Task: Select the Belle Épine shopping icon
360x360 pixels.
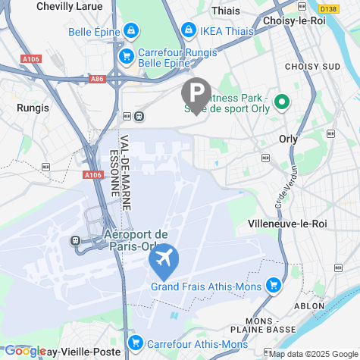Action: [x=131, y=31]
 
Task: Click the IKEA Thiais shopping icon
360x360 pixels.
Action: [x=187, y=30]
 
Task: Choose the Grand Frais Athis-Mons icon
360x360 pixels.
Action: [x=273, y=286]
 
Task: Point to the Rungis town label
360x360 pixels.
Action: [x=33, y=108]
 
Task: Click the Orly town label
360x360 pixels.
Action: [x=288, y=139]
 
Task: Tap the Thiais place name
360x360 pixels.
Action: [x=225, y=11]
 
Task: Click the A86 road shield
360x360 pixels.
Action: [x=96, y=78]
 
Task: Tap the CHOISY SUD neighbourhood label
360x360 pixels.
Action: [x=310, y=67]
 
